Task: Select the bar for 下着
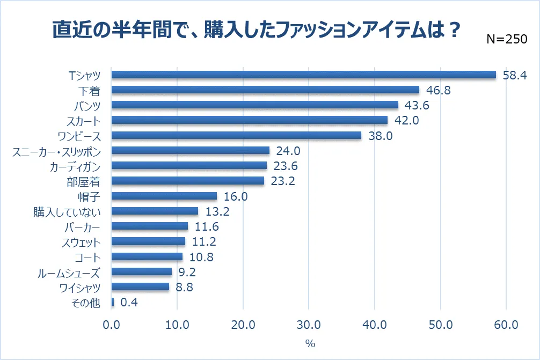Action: (x=265, y=90)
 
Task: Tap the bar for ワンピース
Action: (x=236, y=135)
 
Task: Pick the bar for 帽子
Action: (x=164, y=196)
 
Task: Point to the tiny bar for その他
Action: (x=113, y=303)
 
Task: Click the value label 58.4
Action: (x=515, y=75)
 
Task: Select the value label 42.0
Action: (x=406, y=120)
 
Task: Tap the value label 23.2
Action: (x=283, y=181)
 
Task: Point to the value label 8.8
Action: (x=181, y=287)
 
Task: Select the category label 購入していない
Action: (x=67, y=211)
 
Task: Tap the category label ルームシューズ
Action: (x=69, y=272)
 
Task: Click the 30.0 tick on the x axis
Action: (x=309, y=325)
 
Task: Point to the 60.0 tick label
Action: (x=506, y=325)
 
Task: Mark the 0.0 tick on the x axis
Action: (x=112, y=325)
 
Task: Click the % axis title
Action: (x=309, y=342)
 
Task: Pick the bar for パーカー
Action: (x=150, y=226)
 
